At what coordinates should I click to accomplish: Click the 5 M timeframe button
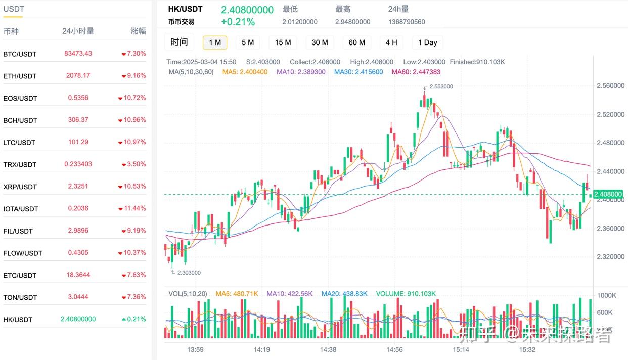[247, 42]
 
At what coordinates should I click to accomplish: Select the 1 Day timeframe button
[427, 42]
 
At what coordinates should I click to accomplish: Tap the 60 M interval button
[356, 42]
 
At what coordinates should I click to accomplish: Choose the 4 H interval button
[391, 42]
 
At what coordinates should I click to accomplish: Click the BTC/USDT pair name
[20, 54]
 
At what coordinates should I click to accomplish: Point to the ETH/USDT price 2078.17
[78, 75]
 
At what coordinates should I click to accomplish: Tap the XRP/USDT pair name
[20, 187]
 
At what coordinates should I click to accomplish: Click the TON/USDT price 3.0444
[78, 297]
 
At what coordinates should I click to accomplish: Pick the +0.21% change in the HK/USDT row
[133, 319]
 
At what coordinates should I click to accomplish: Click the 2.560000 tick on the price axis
[609, 86]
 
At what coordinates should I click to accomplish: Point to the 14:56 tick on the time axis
[394, 349]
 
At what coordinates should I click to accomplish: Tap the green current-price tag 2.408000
[608, 194]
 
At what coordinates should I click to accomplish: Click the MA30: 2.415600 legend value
[358, 72]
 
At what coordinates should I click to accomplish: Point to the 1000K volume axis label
[606, 295]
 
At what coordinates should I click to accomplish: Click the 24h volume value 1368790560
[407, 22]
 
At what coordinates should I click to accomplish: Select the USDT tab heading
[14, 9]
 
